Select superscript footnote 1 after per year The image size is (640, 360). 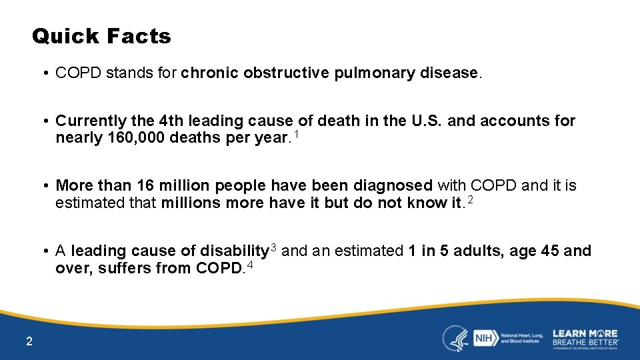[297, 135]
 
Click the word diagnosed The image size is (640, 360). [394, 186]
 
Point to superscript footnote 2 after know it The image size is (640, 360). [470, 200]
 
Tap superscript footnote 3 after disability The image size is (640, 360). [273, 249]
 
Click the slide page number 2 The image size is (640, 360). [29, 342]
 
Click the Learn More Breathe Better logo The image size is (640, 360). [585, 338]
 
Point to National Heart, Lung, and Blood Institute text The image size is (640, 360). [521, 338]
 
